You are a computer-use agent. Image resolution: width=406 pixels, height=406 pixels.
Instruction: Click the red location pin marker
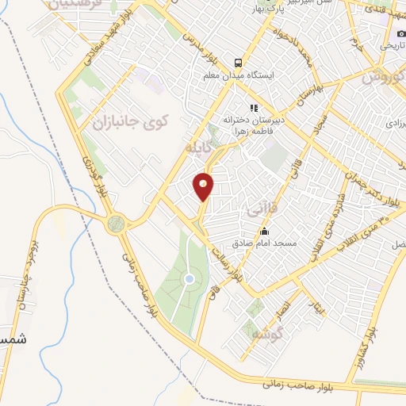[204, 186]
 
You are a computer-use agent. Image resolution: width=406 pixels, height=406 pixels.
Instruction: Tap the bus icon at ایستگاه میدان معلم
[236, 63]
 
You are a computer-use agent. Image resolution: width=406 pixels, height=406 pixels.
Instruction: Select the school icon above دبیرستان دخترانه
[254, 108]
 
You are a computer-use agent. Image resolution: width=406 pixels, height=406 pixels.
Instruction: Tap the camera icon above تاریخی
[401, 34]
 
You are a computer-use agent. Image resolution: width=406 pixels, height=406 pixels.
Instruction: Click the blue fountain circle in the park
[189, 279]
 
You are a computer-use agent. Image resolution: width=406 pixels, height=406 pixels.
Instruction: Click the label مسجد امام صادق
[263, 243]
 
